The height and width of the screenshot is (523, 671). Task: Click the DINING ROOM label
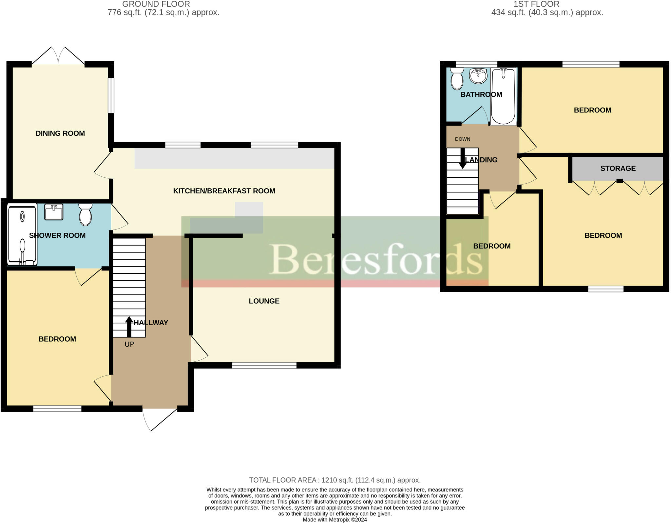coord(60,133)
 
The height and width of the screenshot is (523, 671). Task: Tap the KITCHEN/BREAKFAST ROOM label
coord(224,191)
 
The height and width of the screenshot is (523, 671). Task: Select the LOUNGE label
coord(264,301)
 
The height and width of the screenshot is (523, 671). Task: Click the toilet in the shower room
coord(86,214)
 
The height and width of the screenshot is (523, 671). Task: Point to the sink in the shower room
coord(54,212)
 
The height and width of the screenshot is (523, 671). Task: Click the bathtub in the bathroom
coord(503,96)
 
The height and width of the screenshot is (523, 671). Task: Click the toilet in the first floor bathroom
coord(457,79)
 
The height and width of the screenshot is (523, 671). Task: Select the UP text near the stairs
coord(129,344)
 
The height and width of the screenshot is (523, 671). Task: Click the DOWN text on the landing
coord(462,139)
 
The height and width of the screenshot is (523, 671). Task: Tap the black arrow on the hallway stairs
coord(129,327)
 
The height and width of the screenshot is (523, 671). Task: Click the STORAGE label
coord(618,169)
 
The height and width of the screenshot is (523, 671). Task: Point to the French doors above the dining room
coord(58,56)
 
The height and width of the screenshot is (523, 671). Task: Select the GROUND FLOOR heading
coord(156,4)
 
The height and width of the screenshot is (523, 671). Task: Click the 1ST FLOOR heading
coord(536,4)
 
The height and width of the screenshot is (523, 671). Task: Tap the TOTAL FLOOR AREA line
coord(335,480)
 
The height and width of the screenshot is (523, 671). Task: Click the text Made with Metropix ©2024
coord(335,520)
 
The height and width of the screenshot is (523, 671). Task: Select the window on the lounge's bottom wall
coord(264,365)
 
